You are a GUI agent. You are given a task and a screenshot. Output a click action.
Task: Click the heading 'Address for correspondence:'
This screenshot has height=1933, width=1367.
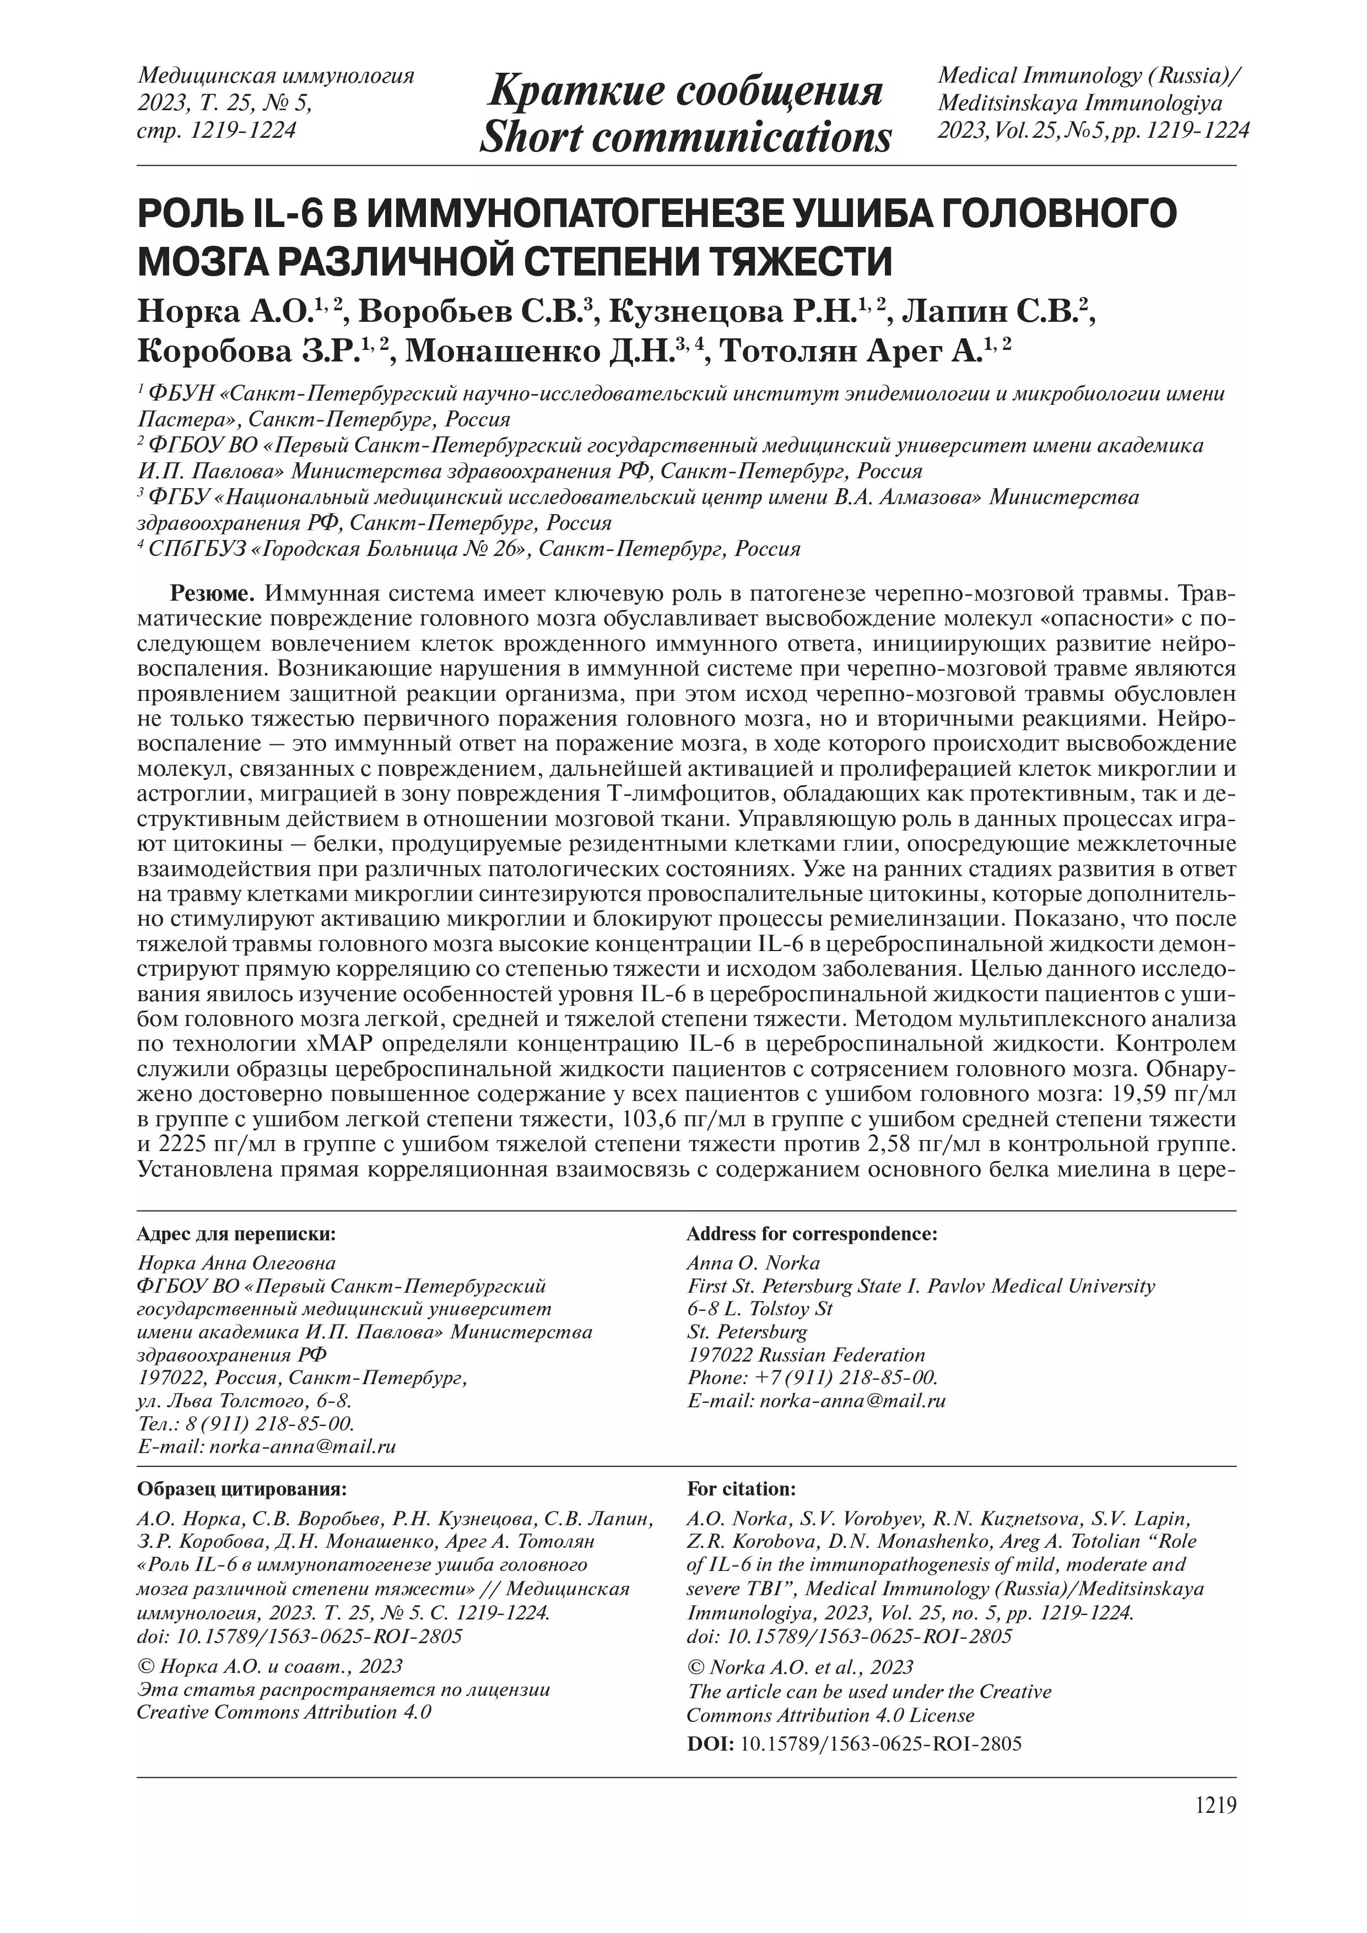[812, 1234]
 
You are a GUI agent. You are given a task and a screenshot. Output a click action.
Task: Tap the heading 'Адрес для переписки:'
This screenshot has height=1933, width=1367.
[236, 1234]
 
